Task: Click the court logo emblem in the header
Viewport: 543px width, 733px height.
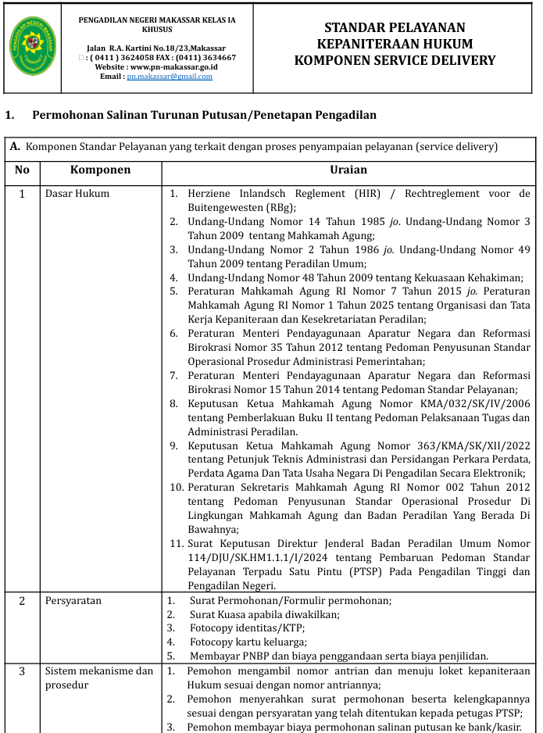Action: [x=33, y=47]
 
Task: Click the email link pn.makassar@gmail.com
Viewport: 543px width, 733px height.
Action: [x=170, y=77]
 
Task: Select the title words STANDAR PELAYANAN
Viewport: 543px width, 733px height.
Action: [x=395, y=28]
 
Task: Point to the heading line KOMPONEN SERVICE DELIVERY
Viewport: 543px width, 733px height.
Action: [x=395, y=60]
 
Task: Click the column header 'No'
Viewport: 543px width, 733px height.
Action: [x=22, y=170]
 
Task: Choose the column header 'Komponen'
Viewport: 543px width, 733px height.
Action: [x=100, y=170]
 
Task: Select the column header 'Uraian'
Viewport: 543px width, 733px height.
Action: [x=348, y=170]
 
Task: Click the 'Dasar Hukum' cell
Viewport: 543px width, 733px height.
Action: [x=77, y=193]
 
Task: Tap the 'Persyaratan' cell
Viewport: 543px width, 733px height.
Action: [x=73, y=601]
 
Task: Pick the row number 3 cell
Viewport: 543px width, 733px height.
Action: [x=22, y=671]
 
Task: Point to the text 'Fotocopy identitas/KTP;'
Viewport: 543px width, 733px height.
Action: [x=247, y=628]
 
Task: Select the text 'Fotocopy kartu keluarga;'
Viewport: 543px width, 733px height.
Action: [x=248, y=642]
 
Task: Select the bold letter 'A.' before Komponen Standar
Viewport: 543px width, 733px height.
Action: [x=15, y=146]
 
